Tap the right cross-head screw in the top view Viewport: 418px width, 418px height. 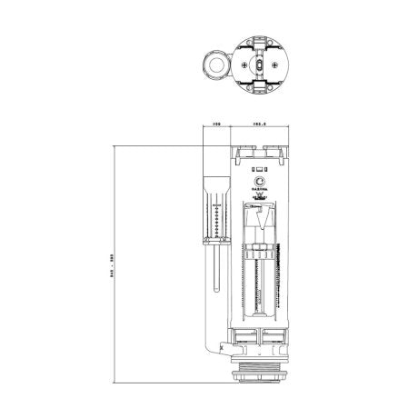point(275,66)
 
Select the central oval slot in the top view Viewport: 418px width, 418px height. point(259,66)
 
